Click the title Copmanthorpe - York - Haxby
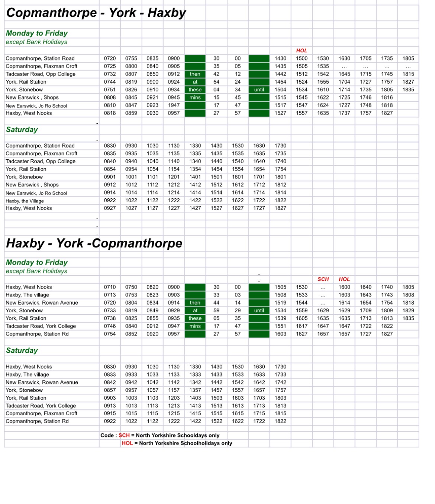click(x=96, y=13)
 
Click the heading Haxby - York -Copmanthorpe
click(x=94, y=243)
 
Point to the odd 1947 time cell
click(x=174, y=105)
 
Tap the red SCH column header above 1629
click(x=323, y=279)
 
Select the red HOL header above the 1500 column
click(x=302, y=51)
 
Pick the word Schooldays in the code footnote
click(x=194, y=435)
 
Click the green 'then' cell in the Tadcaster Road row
click(x=195, y=74)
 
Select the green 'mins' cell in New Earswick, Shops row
click(x=195, y=98)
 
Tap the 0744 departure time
click(x=110, y=82)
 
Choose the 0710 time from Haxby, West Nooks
click(x=110, y=287)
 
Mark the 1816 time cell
click(x=387, y=98)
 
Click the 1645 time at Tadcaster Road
click(x=344, y=74)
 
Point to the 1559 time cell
click(x=302, y=310)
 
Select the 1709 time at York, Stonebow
click(x=365, y=310)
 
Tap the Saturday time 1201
click(x=174, y=177)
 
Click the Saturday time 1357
click(x=195, y=390)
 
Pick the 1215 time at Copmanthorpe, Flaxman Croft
click(x=174, y=414)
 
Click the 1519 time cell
click(x=280, y=303)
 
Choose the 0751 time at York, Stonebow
click(x=110, y=90)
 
